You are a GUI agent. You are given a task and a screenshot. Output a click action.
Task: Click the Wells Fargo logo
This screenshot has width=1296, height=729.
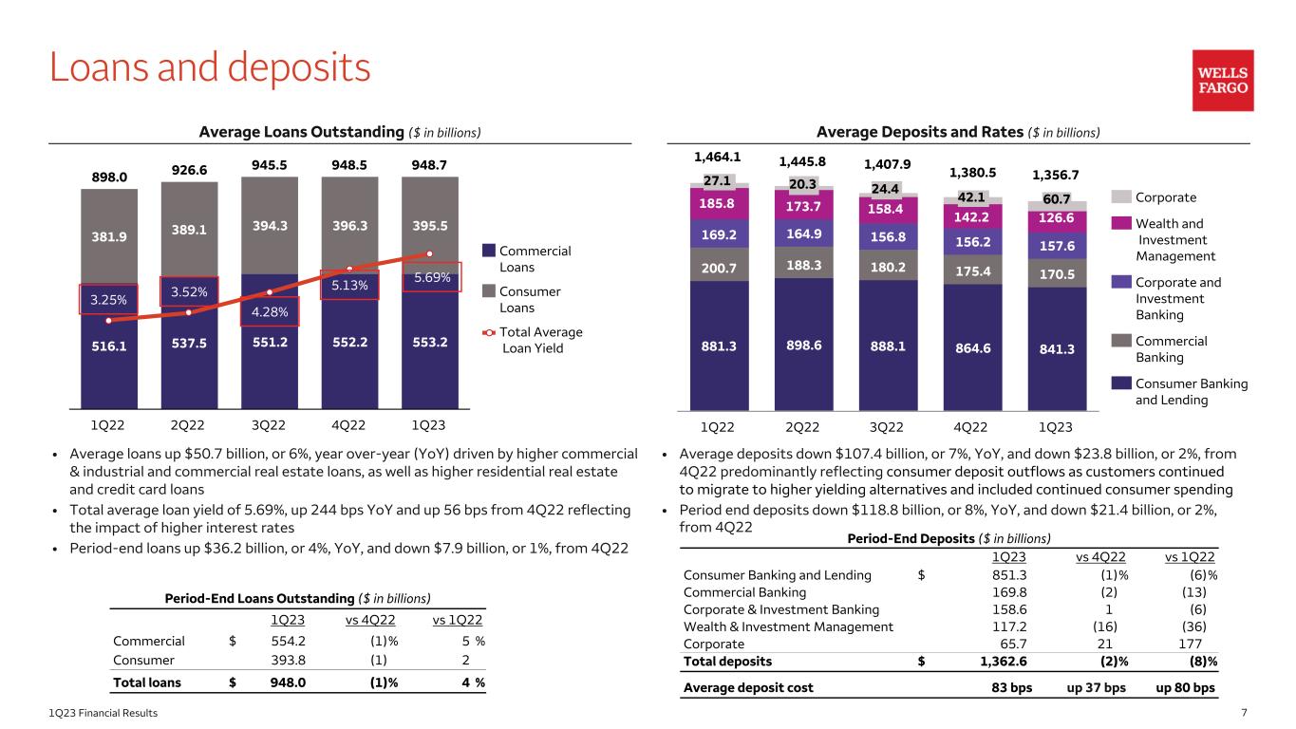(x=1223, y=81)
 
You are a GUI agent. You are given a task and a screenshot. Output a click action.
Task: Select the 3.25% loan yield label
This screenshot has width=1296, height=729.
(x=107, y=299)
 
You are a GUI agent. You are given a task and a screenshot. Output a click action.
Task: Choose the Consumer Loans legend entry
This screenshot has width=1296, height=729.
(x=521, y=299)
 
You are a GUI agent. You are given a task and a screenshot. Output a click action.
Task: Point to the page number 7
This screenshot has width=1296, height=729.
(x=1272, y=713)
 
